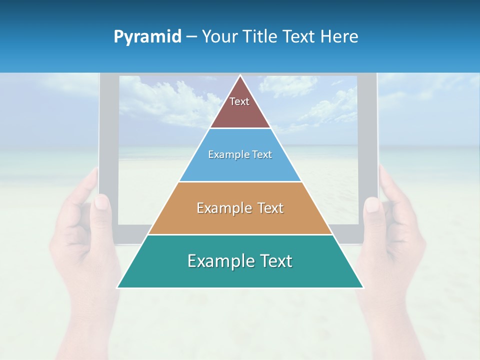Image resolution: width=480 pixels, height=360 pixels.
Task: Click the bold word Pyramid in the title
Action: tap(147, 37)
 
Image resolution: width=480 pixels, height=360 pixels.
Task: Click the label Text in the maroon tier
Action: tap(239, 101)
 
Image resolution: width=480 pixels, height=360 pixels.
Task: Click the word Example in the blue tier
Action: tap(224, 155)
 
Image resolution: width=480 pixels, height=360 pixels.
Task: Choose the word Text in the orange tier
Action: tap(270, 208)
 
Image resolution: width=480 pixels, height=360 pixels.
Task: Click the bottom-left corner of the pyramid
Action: tap(117, 287)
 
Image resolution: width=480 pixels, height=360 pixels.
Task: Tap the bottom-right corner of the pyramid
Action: tap(363, 287)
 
